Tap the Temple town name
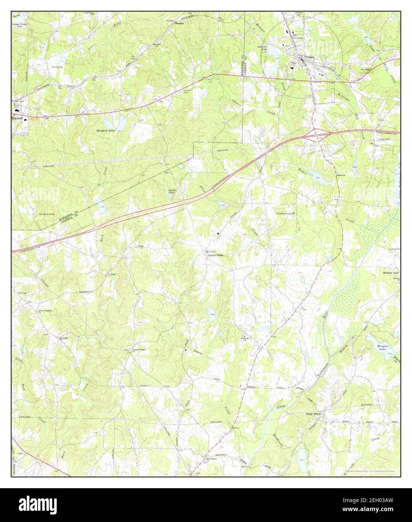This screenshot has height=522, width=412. click(x=309, y=57)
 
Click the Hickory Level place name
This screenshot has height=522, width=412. click(x=391, y=273)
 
